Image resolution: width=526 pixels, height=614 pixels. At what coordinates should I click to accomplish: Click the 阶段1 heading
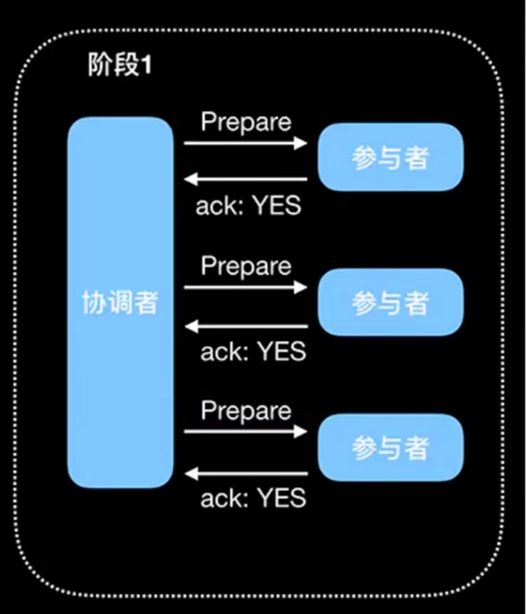(x=119, y=65)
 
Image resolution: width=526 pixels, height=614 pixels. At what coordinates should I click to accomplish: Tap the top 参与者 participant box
(x=390, y=157)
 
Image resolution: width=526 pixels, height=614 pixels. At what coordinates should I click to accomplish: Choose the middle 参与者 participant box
(x=390, y=302)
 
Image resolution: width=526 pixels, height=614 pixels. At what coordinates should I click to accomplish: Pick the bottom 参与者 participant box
(x=390, y=447)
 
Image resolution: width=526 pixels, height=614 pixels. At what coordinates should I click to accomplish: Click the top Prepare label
(x=246, y=122)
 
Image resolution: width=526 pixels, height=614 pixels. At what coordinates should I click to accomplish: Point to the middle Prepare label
(x=246, y=266)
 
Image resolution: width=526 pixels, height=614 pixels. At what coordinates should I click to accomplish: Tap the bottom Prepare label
(x=246, y=411)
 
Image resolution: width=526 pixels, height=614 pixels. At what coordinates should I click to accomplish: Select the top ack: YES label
(x=248, y=206)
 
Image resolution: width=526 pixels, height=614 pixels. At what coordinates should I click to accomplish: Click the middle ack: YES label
(x=253, y=352)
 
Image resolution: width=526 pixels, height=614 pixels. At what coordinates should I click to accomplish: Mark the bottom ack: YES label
(x=253, y=498)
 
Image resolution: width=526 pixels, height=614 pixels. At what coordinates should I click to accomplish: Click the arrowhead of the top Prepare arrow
(x=301, y=143)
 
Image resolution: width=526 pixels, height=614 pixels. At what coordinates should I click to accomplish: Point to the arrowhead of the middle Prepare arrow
(x=301, y=287)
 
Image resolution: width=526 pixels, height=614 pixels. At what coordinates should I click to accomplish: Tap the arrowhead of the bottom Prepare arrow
(x=301, y=431)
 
